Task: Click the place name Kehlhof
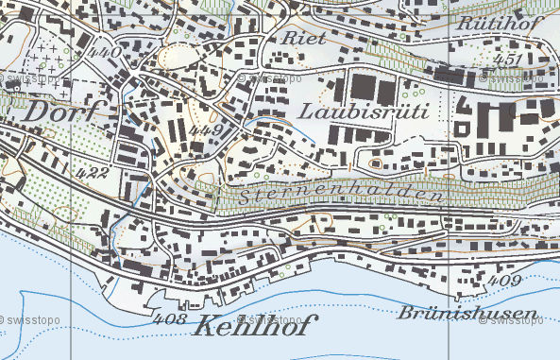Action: [x=255, y=328]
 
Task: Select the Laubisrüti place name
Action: [x=364, y=111]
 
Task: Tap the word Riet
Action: [x=303, y=38]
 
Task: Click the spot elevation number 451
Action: [x=507, y=60]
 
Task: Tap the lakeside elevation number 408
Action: [x=170, y=320]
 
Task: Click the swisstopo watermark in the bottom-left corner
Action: [x=30, y=320]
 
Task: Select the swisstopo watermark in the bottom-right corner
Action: [x=510, y=320]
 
